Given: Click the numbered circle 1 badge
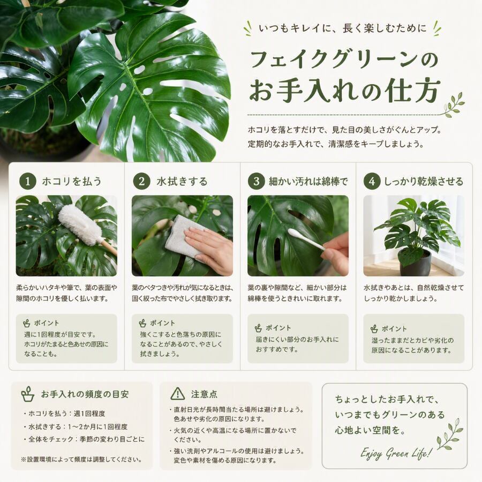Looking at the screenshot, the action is (x=28, y=181).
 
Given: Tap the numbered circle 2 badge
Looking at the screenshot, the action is (x=142, y=181).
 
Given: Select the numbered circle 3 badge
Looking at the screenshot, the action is (x=257, y=181).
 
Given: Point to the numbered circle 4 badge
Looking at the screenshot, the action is (x=372, y=181).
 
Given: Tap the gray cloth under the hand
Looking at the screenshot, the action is (x=184, y=235).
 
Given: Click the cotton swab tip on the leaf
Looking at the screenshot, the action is (x=292, y=232).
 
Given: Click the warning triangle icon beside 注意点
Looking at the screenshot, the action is (x=178, y=394).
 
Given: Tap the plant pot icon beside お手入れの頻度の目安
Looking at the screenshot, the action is (x=28, y=394).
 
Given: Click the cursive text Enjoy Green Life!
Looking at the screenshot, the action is (x=396, y=453).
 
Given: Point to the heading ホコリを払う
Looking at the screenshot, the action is (x=72, y=181).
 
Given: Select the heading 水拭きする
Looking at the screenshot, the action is (x=182, y=182).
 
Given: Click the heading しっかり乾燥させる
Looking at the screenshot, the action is (x=424, y=182).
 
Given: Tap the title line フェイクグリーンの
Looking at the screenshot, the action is (x=344, y=59).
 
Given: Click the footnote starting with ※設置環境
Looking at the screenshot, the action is (x=81, y=460).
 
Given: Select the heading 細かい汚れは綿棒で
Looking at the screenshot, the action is (x=308, y=182).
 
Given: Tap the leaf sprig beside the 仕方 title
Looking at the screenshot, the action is (x=452, y=105).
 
